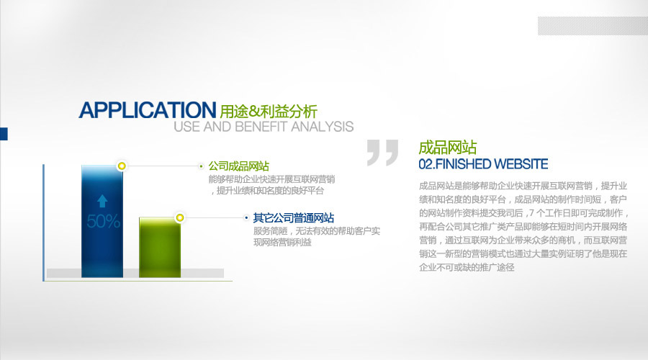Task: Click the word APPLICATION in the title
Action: pos(148,110)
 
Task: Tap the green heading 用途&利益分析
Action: pos(269,111)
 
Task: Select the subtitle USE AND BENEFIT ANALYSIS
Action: pos(264,127)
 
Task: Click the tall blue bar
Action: pos(102,221)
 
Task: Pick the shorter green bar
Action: pos(160,247)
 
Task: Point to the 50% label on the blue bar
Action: pos(103,222)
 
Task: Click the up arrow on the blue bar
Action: pos(102,201)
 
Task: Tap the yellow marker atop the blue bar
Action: pos(122,166)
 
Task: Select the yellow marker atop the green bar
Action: pos(180,217)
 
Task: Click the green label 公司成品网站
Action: pos(239,166)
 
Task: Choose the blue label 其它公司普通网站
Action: pos(294,218)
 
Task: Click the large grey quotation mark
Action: pos(383,153)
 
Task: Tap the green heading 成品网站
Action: pos(448,148)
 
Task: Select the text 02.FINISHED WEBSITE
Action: pos(483,164)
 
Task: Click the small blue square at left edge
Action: pos(4,134)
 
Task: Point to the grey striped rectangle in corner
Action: pos(593,26)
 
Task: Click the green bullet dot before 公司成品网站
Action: pos(202,166)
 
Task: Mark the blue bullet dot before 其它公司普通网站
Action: pos(246,218)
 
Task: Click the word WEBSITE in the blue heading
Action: pos(521,164)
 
